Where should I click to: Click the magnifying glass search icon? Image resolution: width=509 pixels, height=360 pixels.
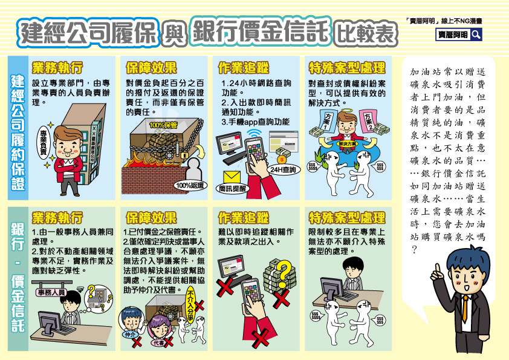(476, 34)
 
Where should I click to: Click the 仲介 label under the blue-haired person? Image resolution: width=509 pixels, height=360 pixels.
(129, 333)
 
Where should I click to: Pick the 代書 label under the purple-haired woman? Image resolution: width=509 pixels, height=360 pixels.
(160, 342)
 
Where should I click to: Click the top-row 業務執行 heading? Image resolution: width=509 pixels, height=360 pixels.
(57, 67)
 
